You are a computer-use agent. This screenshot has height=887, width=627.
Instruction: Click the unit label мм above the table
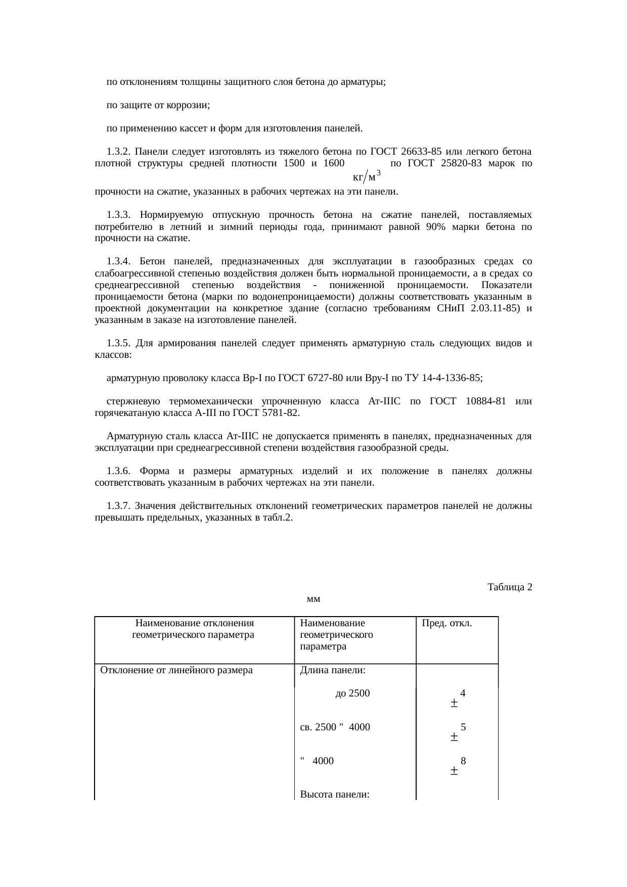313,599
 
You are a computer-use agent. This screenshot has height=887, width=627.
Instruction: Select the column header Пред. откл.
447,623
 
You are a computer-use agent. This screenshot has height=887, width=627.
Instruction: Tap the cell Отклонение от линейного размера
176,671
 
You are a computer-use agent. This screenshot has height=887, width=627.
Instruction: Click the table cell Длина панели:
333,671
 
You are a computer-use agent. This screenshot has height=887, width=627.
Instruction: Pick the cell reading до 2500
352,693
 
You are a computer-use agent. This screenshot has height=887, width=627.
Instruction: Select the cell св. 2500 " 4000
335,727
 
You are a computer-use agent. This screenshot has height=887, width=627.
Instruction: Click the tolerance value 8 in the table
463,761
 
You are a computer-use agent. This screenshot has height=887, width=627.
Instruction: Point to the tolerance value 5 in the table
463,727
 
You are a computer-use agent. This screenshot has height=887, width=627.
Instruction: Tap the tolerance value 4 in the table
463,693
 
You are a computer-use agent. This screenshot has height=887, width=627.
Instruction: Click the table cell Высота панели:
335,795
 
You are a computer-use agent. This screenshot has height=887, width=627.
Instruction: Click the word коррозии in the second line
191,105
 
